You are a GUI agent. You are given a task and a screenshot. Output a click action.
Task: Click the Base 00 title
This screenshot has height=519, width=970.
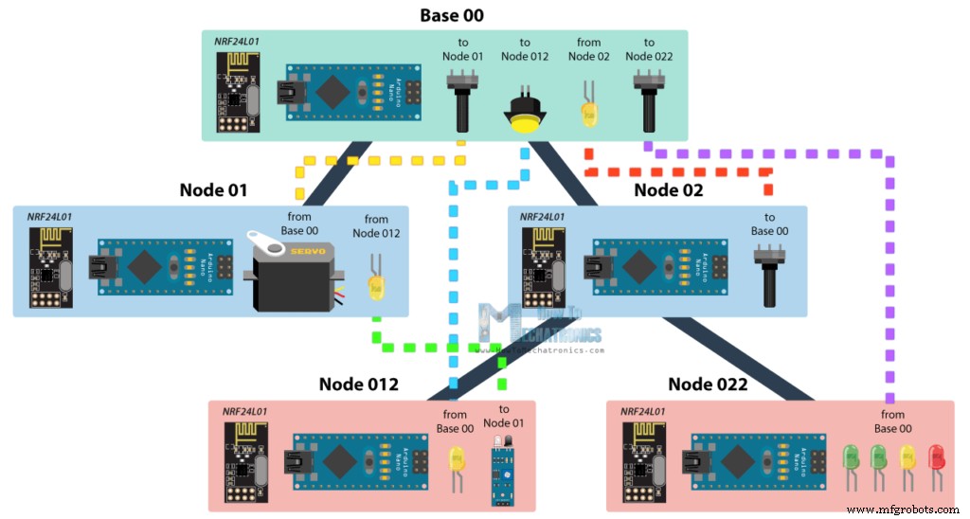tap(452, 15)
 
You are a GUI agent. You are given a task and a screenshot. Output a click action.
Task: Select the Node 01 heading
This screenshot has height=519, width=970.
tap(213, 190)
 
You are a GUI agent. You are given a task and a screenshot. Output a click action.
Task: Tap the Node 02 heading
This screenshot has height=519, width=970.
tap(669, 190)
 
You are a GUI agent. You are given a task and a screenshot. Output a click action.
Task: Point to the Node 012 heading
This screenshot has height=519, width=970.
tap(358, 385)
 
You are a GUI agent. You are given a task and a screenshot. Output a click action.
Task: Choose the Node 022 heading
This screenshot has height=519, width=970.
tap(708, 385)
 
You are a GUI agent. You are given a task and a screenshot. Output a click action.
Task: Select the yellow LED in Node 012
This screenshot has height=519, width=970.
tap(456, 464)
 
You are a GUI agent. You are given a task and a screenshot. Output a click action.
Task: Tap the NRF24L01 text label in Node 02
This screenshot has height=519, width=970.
tap(541, 217)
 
